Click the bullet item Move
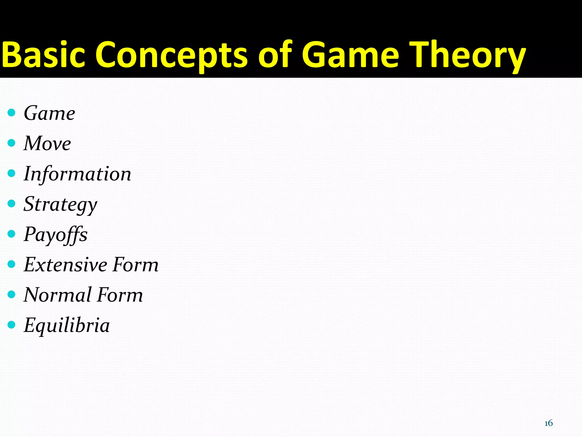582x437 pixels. [x=47, y=143]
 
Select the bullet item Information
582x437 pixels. [x=77, y=174]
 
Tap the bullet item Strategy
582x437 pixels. [x=60, y=204]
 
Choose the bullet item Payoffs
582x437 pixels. [x=55, y=235]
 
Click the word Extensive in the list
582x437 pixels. [x=65, y=265]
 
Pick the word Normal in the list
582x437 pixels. [x=58, y=295]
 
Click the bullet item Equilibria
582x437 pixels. [x=66, y=325]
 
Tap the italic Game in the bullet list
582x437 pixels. [x=49, y=113]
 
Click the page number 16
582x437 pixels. [x=548, y=423]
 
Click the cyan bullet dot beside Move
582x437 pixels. [x=11, y=143]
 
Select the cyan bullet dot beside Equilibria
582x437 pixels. [x=11, y=325]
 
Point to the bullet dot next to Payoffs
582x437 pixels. [x=11, y=234]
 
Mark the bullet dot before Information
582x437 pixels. [x=11, y=173]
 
